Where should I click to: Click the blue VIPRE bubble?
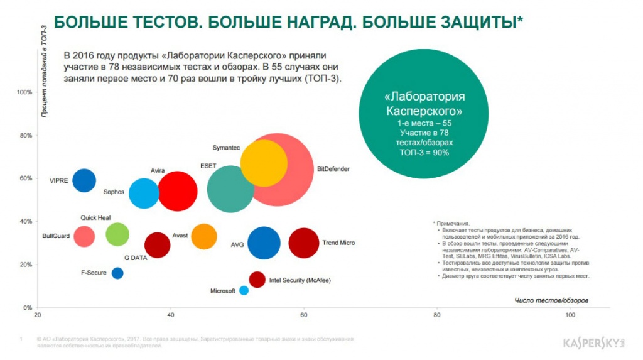click(x=84, y=180)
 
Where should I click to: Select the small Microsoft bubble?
click(x=244, y=290)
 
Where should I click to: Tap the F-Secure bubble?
click(x=117, y=273)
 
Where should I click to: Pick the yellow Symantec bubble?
click(x=264, y=163)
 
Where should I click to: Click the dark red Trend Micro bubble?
click(x=304, y=243)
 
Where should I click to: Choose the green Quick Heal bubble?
click(x=117, y=234)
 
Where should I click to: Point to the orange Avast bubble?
click(x=203, y=236)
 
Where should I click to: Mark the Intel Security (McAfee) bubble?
click(x=257, y=280)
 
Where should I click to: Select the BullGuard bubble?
click(x=84, y=236)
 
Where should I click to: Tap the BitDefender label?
click(x=333, y=169)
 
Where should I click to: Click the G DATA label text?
click(x=135, y=258)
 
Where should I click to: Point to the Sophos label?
click(x=114, y=192)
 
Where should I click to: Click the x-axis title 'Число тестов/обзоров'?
click(x=551, y=300)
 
